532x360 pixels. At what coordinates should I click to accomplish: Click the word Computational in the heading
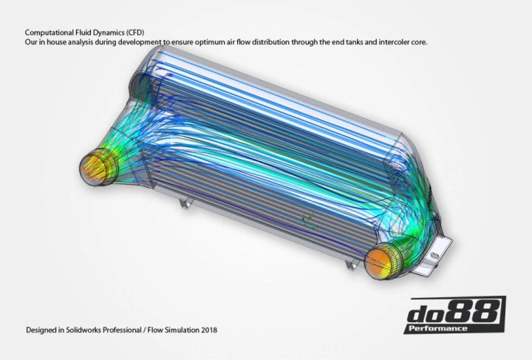click(x=46, y=33)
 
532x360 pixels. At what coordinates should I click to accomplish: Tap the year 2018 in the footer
click(x=208, y=330)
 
